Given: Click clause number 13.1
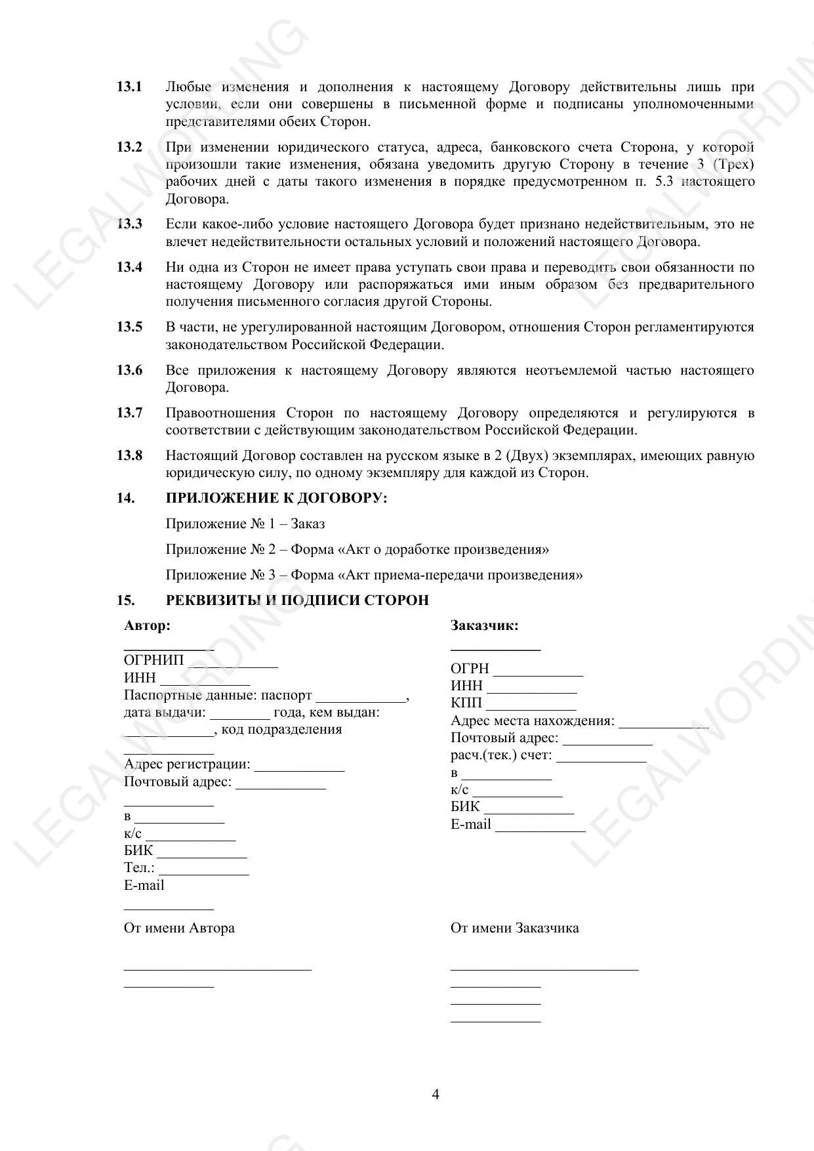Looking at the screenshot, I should point(130,87).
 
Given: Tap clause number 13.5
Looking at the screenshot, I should point(130,327).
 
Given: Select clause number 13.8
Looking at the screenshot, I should point(130,455).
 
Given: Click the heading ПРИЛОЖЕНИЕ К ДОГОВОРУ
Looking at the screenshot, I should point(276,498).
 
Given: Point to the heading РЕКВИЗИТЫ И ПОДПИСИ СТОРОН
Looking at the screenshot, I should point(297,600).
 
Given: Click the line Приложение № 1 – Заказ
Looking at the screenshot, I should point(245,524).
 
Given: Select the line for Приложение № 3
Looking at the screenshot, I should point(374,575).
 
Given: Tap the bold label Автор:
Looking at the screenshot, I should point(147,625).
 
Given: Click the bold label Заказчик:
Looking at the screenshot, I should point(484,625).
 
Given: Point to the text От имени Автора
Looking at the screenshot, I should point(179,928).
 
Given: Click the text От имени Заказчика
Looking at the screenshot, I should point(514,928).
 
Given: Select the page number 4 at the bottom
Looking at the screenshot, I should point(436,1094).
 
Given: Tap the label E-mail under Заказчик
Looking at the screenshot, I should point(471,824).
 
